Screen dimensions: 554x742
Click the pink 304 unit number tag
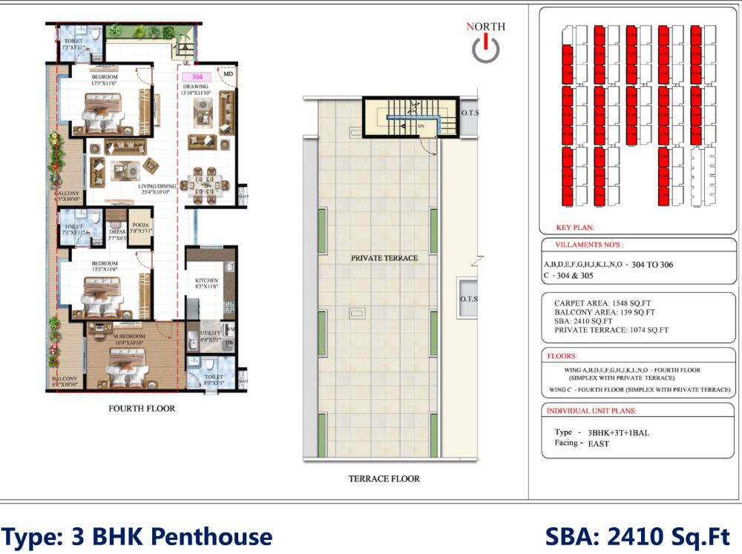pos(197,77)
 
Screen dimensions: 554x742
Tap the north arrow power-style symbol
pos(485,49)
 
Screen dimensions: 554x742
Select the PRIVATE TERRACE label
pos(385,258)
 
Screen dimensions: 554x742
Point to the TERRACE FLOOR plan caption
pos(384,479)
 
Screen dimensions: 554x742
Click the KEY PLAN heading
pos(575,228)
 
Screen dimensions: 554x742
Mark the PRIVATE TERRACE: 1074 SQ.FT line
pos(611,330)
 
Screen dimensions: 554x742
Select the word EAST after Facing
pos(599,443)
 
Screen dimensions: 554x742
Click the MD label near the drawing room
pos(229,74)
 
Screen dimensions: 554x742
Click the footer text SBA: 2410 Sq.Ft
pos(637,536)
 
